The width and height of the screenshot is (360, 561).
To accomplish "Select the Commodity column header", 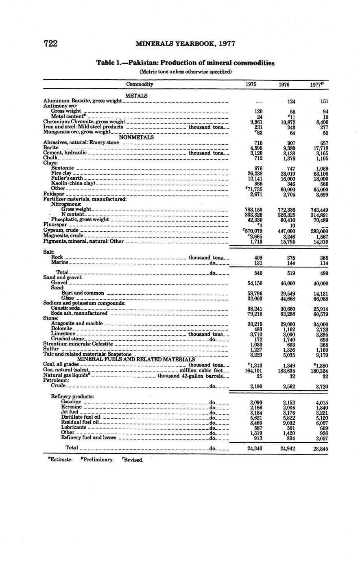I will point(140,84).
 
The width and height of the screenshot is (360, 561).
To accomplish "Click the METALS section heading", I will point(136,96).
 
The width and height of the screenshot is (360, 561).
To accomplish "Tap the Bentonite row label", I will point(63,168).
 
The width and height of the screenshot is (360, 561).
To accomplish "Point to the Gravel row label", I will point(59,283).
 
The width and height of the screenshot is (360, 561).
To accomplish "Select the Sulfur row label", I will point(51,349).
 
